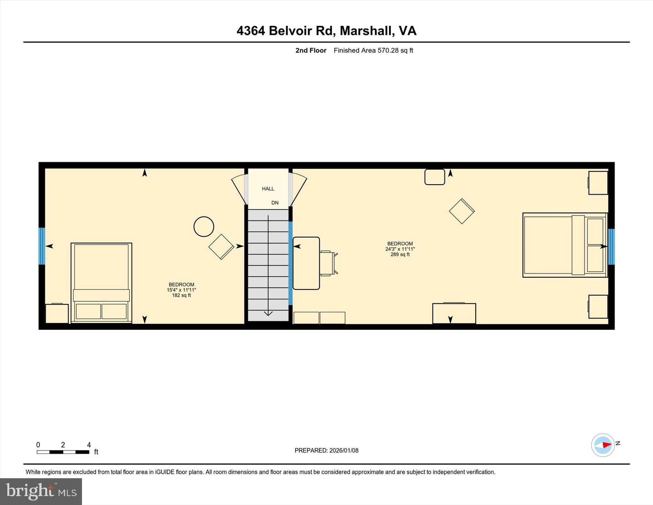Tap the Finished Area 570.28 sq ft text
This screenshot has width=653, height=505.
[x=373, y=50]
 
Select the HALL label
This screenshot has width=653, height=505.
[x=268, y=189]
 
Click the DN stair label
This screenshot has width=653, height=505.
[x=275, y=203]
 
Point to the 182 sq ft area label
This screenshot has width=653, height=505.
[x=181, y=295]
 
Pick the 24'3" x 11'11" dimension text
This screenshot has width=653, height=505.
[x=400, y=249]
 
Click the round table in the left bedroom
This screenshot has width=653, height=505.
[x=204, y=226]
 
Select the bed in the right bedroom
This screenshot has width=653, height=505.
[x=565, y=245]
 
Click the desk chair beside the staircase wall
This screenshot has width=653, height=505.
[x=328, y=263]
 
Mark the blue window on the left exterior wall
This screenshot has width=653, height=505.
[x=42, y=246]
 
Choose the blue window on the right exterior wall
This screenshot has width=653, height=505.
[x=611, y=246]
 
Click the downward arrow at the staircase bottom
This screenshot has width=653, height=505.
[x=268, y=313]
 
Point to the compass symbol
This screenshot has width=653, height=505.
[x=603, y=445]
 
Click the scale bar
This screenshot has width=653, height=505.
[x=63, y=452]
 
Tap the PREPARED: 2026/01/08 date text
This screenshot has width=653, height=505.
[x=326, y=451]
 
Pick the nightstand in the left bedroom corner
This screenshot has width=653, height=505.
[x=57, y=314]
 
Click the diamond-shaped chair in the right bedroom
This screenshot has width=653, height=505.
[x=462, y=211]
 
